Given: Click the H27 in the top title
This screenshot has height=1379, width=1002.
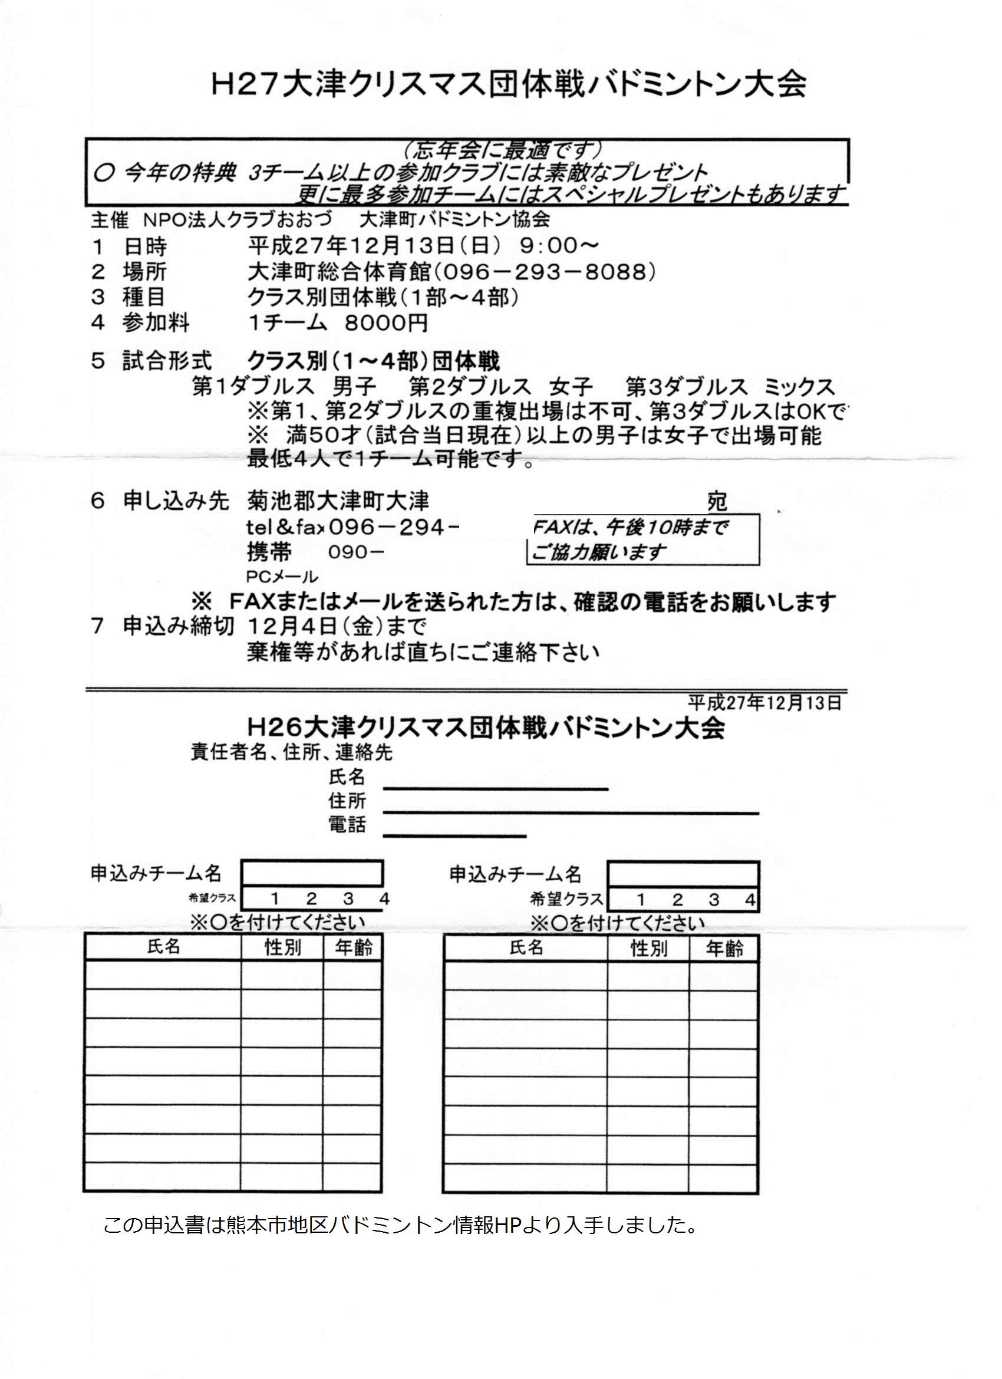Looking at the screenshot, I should point(243,85).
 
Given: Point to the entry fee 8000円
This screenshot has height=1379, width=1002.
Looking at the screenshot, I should point(386,322).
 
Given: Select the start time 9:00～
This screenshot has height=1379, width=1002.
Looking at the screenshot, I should point(559,246).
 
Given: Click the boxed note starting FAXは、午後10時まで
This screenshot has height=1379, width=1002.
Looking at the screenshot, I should point(643,539).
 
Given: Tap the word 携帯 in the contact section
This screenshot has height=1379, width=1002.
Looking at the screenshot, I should point(269,552).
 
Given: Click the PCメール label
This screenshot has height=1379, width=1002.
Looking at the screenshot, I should point(282,576).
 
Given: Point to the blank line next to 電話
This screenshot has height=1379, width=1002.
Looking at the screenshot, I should point(454,835).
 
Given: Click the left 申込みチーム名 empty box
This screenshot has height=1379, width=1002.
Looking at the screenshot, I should point(312,874).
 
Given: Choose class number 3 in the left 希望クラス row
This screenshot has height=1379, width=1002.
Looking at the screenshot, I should point(348,898).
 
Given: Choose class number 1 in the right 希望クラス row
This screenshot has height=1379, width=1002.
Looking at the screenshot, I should point(640,899).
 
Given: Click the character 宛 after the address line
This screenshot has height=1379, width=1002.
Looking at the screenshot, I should point(717,502).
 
